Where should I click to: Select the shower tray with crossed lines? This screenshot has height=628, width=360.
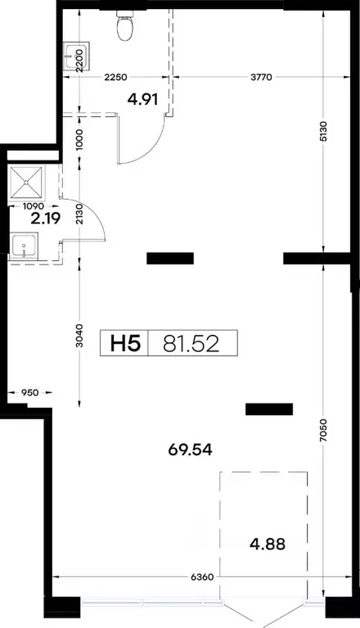click(26, 183)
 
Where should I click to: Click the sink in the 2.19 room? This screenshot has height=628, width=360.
click(24, 246)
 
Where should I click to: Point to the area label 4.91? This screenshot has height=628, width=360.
click(143, 99)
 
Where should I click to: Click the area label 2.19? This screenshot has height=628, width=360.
click(46, 219)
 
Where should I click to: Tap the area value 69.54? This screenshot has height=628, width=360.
click(190, 450)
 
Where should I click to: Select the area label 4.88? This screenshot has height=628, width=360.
click(268, 544)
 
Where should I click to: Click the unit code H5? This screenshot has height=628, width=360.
click(125, 343)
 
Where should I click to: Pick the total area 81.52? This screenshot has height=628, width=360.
click(191, 344)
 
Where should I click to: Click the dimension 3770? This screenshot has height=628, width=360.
click(261, 76)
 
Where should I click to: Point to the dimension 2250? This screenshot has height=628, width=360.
click(115, 77)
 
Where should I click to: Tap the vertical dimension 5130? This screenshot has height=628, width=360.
click(324, 131)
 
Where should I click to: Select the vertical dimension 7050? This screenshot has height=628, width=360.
click(324, 430)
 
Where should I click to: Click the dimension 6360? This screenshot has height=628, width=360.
click(202, 577)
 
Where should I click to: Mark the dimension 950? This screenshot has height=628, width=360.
click(30, 392)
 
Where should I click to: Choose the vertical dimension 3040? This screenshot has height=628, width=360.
click(79, 335)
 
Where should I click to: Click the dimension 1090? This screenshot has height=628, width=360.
click(34, 206)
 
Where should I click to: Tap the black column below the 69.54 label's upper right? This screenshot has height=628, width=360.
click(269, 409)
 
